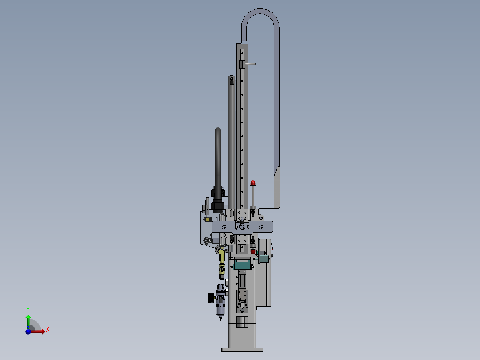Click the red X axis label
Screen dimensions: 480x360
tap(48, 330)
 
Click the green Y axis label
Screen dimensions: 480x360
tap(28, 310)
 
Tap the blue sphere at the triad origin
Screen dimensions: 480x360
tap(28, 331)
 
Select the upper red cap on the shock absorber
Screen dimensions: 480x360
tap(253, 183)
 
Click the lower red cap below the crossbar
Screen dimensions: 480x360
tap(253, 251)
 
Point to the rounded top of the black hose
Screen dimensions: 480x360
tap(218, 131)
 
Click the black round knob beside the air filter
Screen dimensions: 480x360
tap(211, 298)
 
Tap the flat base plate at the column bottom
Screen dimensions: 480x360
tap(242, 349)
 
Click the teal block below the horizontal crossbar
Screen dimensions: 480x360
tap(242, 265)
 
